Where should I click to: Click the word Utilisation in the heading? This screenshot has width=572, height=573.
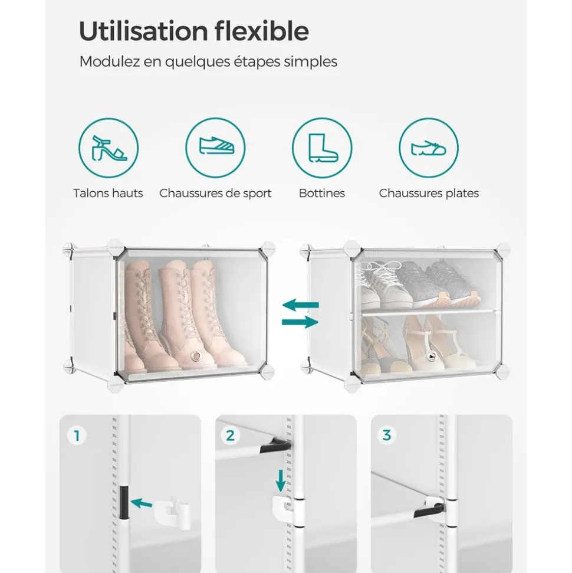tap(143, 31)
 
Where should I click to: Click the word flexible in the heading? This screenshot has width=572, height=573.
tap(261, 31)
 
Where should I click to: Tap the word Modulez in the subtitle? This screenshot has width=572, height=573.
tap(109, 61)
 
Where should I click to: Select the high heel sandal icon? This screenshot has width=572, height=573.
tap(109, 148)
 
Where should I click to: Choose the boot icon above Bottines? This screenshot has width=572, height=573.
tap(322, 148)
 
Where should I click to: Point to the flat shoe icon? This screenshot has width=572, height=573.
tap(429, 148)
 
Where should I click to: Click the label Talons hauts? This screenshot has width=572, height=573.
tap(108, 193)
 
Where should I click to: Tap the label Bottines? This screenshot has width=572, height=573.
tap(322, 193)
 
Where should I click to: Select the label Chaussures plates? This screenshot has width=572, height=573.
tap(429, 193)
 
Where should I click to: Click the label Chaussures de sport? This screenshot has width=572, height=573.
tap(215, 193)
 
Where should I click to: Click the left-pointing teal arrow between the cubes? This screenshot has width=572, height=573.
tap(301, 304)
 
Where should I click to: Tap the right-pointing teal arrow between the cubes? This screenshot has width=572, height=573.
tap(300, 322)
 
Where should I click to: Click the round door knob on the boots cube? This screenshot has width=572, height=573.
tap(197, 356)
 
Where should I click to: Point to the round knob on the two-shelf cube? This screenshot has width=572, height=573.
tap(432, 356)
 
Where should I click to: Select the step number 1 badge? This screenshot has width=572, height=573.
tap(77, 436)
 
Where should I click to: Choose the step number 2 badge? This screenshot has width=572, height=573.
tap(230, 436)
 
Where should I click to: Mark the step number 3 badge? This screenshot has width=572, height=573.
tap(386, 436)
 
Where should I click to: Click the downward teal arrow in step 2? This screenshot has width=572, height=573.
tap(281, 480)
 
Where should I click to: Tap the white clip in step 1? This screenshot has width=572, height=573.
tap(172, 510)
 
